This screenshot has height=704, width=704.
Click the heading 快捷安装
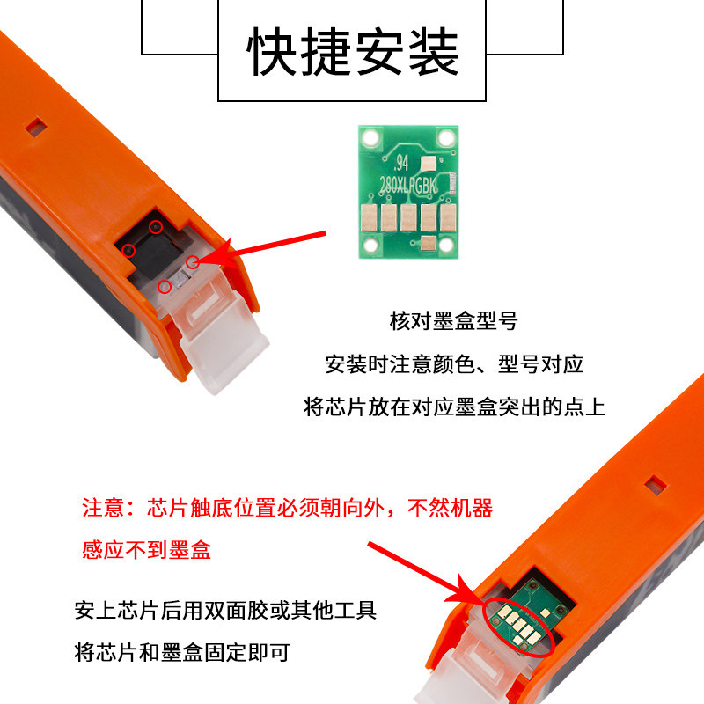[x=353, y=52]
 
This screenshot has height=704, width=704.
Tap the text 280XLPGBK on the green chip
[x=407, y=185]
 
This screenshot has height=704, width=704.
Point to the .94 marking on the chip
[x=400, y=163]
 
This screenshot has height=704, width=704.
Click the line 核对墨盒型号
[x=453, y=321]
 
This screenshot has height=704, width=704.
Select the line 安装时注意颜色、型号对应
[x=454, y=364]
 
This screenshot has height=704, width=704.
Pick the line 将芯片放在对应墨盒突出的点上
[x=454, y=407]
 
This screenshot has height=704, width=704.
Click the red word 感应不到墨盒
[x=146, y=549]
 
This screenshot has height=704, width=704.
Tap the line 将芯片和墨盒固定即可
[x=182, y=652]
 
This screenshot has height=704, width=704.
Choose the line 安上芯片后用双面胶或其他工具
[x=225, y=610]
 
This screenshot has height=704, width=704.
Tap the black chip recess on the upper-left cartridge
[x=152, y=249]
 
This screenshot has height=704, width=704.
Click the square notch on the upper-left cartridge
[x=36, y=127]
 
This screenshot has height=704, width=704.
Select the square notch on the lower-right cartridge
[x=656, y=486]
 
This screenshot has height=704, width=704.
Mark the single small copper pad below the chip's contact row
[x=428, y=243]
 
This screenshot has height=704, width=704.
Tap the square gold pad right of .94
[x=428, y=163]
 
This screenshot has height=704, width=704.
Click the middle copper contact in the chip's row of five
[x=408, y=217]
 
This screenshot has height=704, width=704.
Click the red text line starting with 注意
[x=288, y=508]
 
